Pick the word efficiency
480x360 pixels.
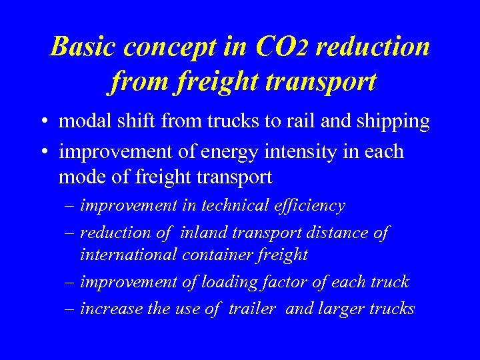[310, 206]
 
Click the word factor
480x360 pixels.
[287, 282]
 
